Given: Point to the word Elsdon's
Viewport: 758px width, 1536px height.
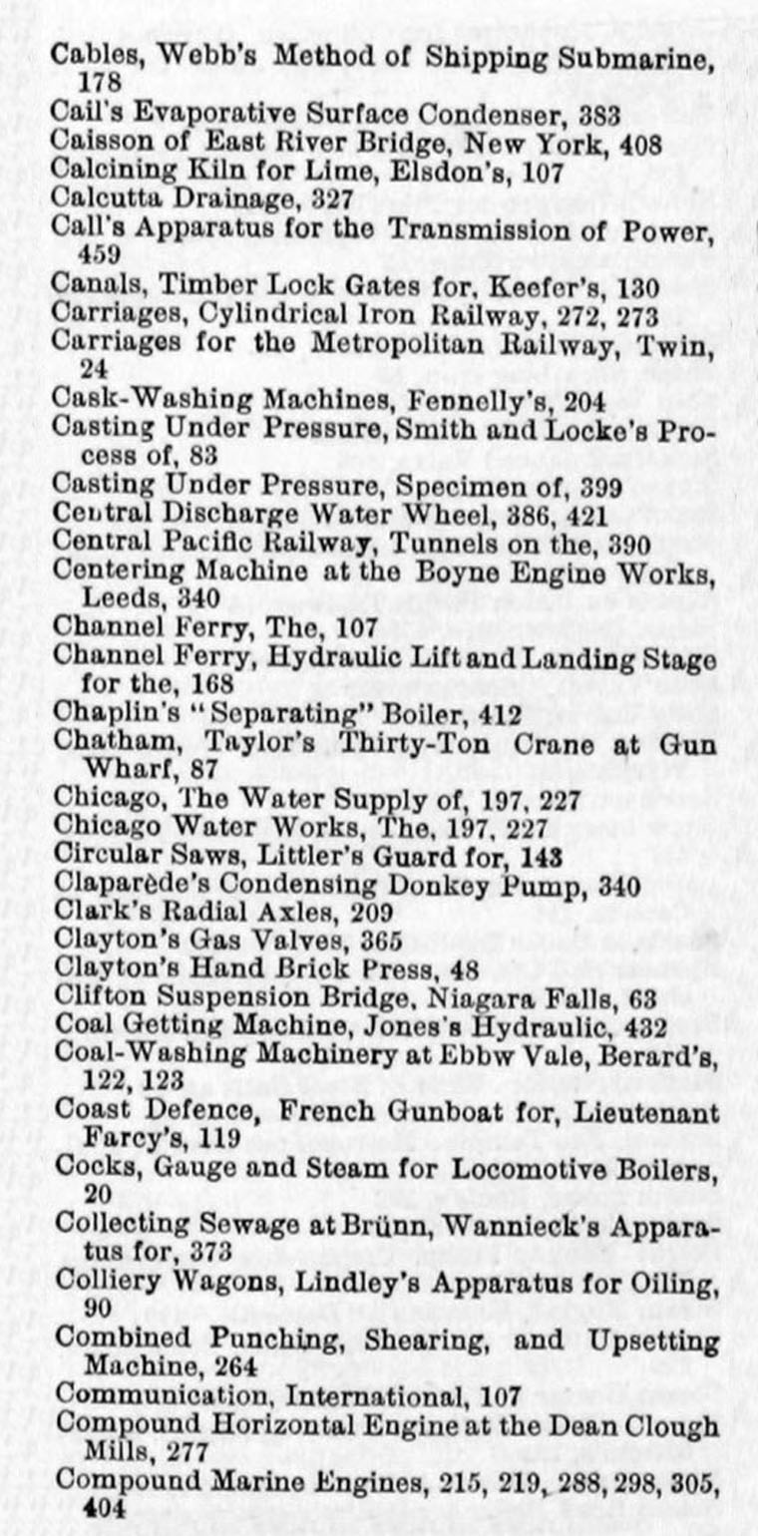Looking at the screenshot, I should (x=459, y=171).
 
